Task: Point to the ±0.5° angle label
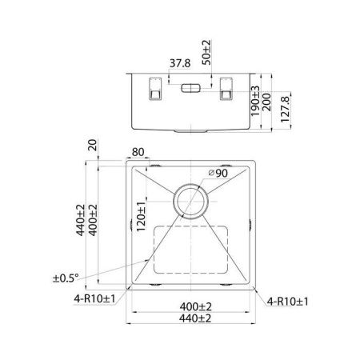tap(66, 278)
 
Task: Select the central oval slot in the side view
tap(194, 87)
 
